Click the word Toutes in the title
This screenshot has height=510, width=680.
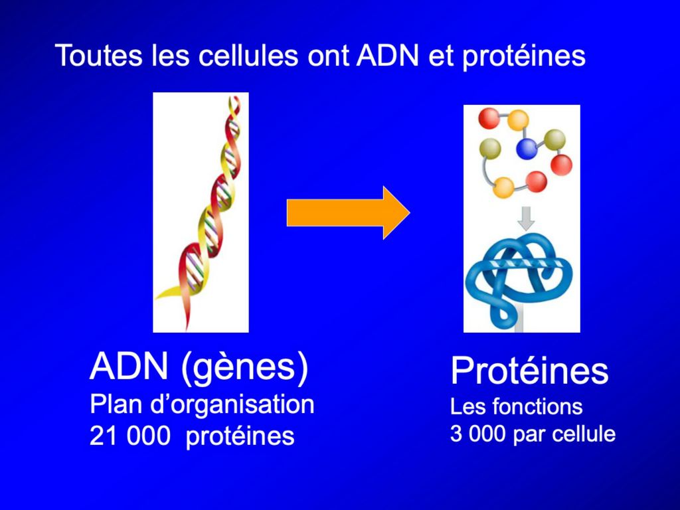point(99,55)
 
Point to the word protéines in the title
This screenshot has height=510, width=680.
point(524,57)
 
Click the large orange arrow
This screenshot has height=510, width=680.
point(348,212)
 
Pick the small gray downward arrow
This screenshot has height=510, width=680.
point(526,218)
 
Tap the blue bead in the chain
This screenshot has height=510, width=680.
point(527,149)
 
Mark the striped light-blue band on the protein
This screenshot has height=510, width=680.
point(526,264)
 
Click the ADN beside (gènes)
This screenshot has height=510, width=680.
point(129,366)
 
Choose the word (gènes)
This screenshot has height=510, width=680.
point(245,368)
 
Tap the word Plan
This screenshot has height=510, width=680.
point(116,405)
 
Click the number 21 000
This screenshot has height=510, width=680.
point(129,436)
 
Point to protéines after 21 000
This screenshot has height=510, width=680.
point(240,437)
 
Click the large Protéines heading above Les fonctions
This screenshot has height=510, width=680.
point(529,371)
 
